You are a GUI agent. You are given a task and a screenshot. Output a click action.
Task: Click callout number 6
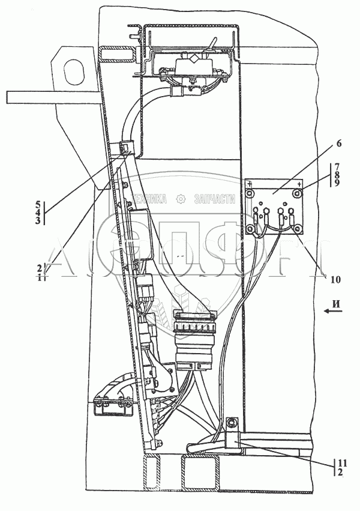pos(339,144)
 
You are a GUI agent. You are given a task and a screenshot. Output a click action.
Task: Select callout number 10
pos(335,279)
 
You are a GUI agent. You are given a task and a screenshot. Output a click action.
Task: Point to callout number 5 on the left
pos(38,204)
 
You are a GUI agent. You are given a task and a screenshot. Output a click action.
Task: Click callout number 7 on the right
pos(338,166)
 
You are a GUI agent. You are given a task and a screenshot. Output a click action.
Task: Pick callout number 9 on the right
pos(338,183)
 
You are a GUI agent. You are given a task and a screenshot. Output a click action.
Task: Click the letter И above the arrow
pos(337,303)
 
